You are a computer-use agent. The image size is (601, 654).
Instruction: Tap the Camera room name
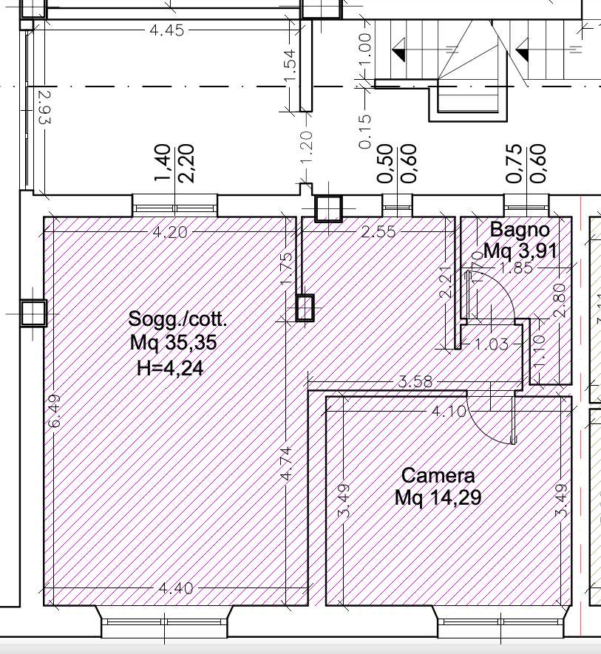438,475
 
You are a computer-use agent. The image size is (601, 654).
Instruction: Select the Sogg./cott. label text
178,320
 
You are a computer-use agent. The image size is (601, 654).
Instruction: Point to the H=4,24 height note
170,368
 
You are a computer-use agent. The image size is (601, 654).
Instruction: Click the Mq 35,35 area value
173,343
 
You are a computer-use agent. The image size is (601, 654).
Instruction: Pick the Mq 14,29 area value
438,497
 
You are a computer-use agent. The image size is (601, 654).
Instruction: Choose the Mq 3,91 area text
520,251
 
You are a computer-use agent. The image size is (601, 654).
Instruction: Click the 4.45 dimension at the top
166,30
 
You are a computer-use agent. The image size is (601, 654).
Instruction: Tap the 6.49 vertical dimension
55,412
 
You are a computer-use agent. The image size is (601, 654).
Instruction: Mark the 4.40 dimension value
176,588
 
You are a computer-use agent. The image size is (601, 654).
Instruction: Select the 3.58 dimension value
415,381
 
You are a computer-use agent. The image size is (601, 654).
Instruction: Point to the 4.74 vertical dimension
286,464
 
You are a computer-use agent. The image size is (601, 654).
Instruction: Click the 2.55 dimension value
378,231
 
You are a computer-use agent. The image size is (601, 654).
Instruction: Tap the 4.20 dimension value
170,232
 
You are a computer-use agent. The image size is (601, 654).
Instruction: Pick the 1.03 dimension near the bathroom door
492,344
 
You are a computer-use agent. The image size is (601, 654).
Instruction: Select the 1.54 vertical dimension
291,65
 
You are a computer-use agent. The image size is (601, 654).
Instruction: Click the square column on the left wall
33,313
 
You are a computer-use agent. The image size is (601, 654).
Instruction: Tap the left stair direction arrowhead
399,50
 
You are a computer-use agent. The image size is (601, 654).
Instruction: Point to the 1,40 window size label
163,163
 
